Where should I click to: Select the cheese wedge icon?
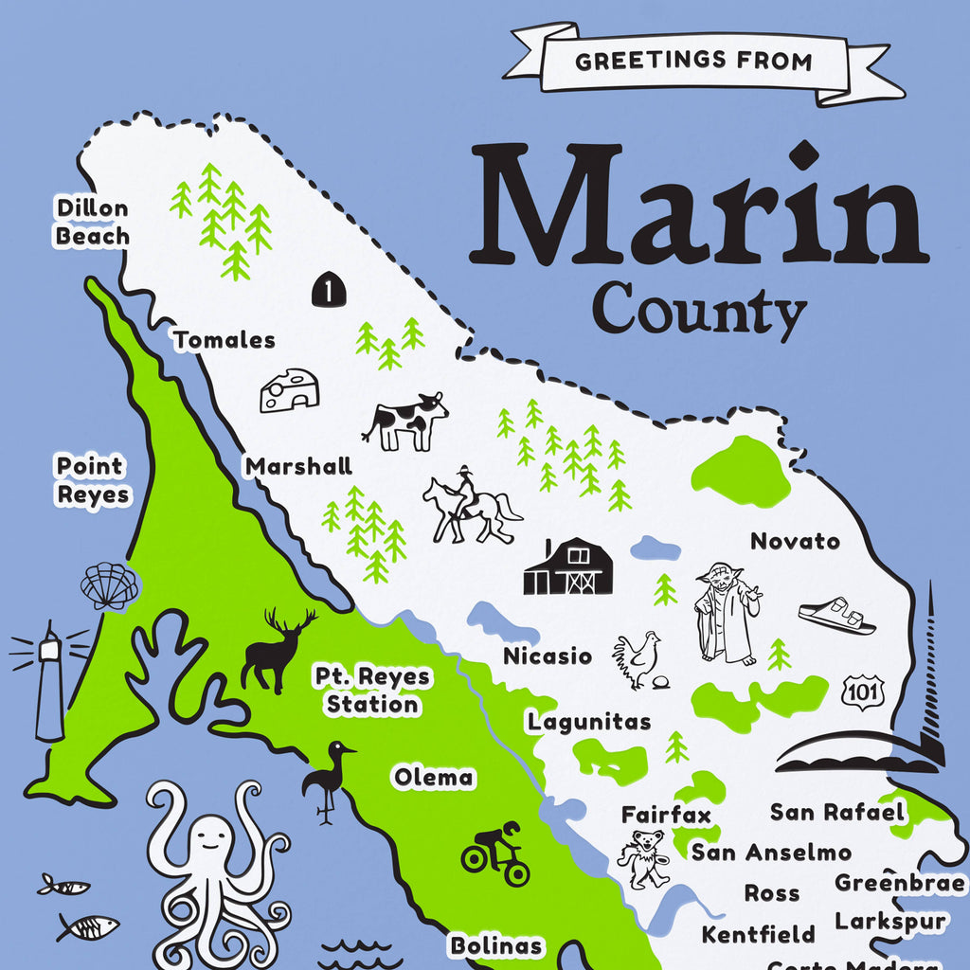[289, 390]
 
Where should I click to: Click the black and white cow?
[406, 422]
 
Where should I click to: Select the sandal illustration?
[836, 616]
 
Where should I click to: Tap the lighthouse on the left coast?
[49, 682]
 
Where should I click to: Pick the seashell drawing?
[109, 586]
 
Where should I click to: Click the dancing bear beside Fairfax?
[644, 858]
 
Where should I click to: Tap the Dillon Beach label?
[92, 222]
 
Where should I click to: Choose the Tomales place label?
[225, 340]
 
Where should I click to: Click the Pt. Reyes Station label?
[371, 691]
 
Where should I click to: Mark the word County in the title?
[698, 309]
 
